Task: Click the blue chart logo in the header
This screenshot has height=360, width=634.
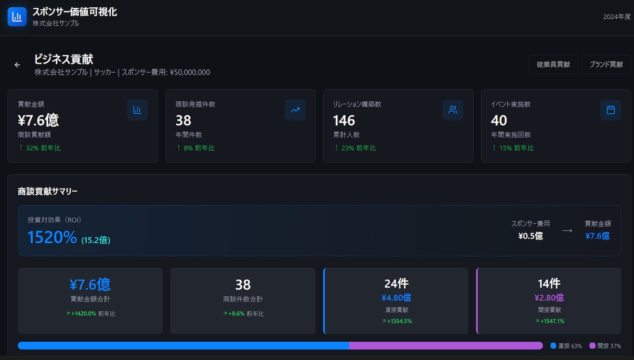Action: pyautogui.click(x=17, y=17)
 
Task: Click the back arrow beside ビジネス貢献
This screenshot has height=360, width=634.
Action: pyautogui.click(x=17, y=65)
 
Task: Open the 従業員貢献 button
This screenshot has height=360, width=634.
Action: pyautogui.click(x=553, y=64)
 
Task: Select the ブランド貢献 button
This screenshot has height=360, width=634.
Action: pyautogui.click(x=606, y=64)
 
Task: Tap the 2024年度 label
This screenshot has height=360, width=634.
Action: pyautogui.click(x=617, y=17)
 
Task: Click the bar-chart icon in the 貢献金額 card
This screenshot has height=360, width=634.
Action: pyautogui.click(x=137, y=110)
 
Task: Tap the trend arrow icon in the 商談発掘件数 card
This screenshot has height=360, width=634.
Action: pyautogui.click(x=295, y=110)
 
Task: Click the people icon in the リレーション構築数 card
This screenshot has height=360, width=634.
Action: pyautogui.click(x=453, y=110)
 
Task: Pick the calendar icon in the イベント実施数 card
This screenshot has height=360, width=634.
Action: pyautogui.click(x=611, y=110)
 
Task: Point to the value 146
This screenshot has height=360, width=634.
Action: pyautogui.click(x=344, y=121)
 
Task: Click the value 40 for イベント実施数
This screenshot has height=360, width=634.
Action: pyautogui.click(x=499, y=121)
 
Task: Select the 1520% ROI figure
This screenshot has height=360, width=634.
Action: pyautogui.click(x=52, y=237)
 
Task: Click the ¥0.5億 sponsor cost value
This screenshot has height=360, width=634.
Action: pyautogui.click(x=531, y=236)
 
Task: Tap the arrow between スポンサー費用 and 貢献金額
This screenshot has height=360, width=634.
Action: pyautogui.click(x=567, y=231)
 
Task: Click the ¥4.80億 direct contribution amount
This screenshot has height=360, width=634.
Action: pyautogui.click(x=396, y=298)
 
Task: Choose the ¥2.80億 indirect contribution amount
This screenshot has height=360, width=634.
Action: pyautogui.click(x=549, y=298)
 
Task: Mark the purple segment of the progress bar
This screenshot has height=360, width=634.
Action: pyautogui.click(x=446, y=345)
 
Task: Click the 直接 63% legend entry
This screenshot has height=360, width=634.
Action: pyautogui.click(x=566, y=346)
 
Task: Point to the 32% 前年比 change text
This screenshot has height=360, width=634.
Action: pyautogui.click(x=43, y=148)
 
